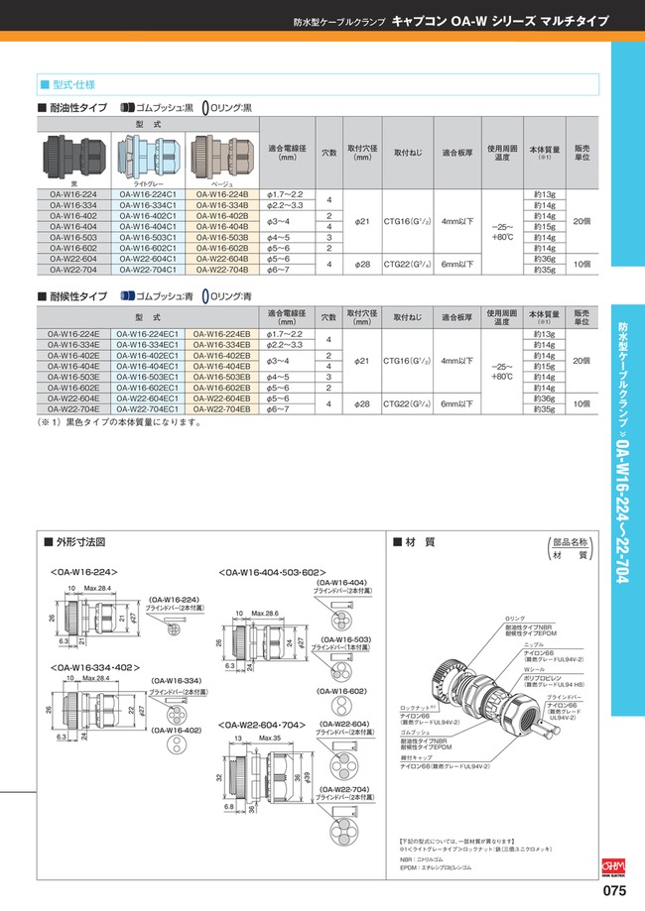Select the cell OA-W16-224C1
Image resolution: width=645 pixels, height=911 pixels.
pyautogui.click(x=146, y=194)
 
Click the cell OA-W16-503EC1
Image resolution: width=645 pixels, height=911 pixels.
pyautogui.click(x=146, y=377)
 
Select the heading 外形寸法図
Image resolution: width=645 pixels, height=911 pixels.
pyautogui.click(x=80, y=542)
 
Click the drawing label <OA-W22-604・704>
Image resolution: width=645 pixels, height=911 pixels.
pyautogui.click(x=261, y=725)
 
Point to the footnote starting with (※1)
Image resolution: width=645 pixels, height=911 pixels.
pyautogui.click(x=119, y=422)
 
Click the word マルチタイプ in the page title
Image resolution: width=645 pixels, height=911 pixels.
pyautogui.click(x=573, y=19)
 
